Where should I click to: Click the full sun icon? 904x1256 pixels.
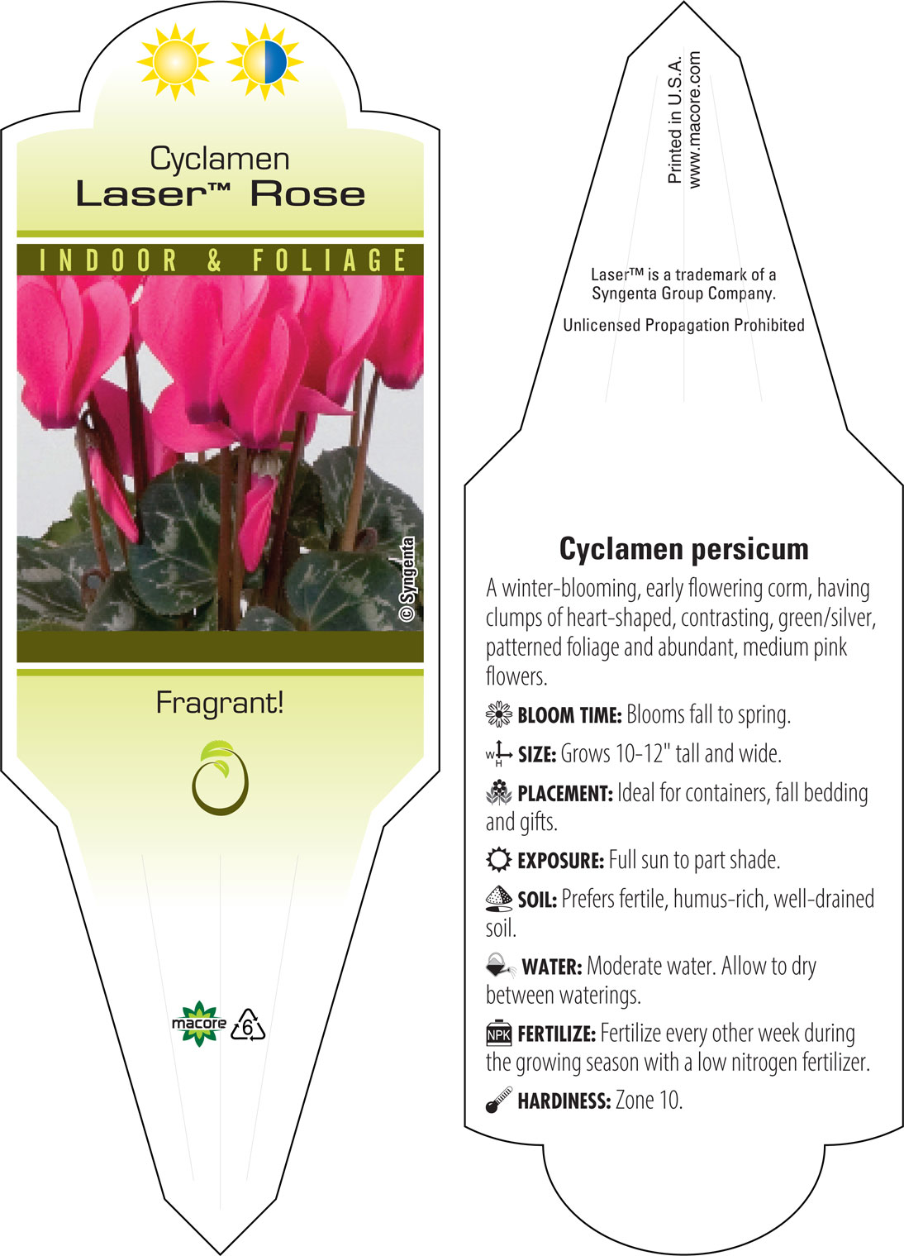click(x=175, y=62)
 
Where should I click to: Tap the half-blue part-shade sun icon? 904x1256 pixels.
click(x=264, y=62)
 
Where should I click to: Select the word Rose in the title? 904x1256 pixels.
click(x=307, y=194)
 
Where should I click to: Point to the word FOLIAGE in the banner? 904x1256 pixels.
click(x=330, y=260)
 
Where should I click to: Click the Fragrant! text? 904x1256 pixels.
click(x=220, y=704)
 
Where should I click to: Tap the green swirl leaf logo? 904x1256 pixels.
click(x=220, y=778)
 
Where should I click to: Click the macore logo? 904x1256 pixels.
click(x=199, y=1024)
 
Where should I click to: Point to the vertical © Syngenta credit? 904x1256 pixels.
click(x=407, y=579)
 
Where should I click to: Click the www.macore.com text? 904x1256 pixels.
click(x=694, y=120)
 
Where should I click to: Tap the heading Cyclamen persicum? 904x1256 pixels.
click(x=683, y=549)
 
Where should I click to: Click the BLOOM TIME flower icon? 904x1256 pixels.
click(x=498, y=714)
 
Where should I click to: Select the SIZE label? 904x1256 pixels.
click(x=537, y=755)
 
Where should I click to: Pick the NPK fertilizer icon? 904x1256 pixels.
click(x=498, y=1033)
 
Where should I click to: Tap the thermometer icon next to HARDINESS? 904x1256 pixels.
click(x=499, y=1100)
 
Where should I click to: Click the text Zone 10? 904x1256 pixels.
click(x=649, y=1101)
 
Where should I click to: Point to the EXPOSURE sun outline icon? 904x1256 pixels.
click(x=498, y=860)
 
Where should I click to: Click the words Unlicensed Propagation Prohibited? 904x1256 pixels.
click(x=683, y=325)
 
